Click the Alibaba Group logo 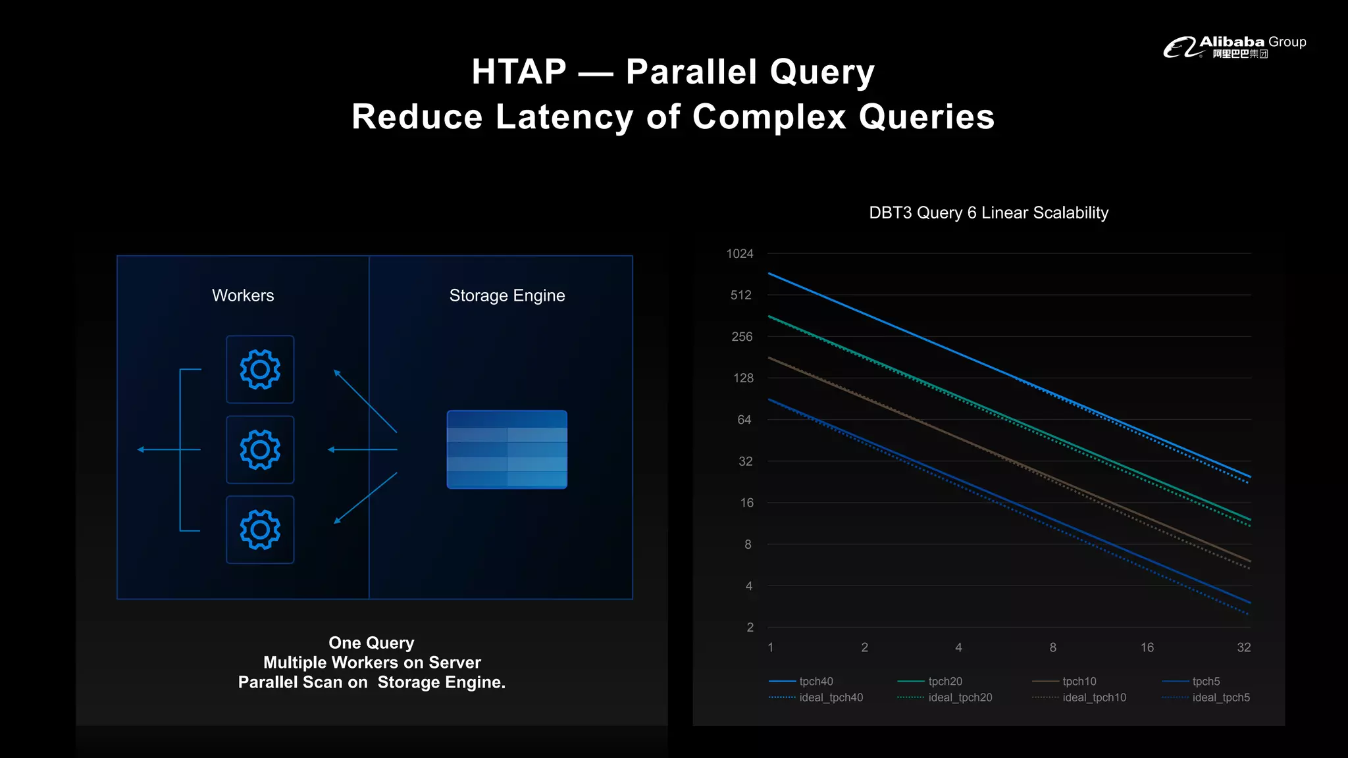(1234, 47)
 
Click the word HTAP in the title (519, 72)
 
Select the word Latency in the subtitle (563, 117)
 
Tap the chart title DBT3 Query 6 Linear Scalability (988, 213)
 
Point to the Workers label (243, 295)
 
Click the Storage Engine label (507, 295)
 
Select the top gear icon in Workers (260, 369)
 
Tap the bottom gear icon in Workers (260, 530)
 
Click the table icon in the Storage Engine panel (507, 449)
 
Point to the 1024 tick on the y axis (739, 254)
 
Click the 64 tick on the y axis (744, 420)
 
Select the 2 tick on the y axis (750, 627)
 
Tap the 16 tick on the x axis (1147, 647)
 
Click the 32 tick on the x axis (1243, 647)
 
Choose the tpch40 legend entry (816, 682)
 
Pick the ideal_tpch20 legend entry (960, 697)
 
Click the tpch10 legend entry (1079, 682)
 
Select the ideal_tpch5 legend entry (1220, 697)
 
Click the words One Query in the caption (371, 643)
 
